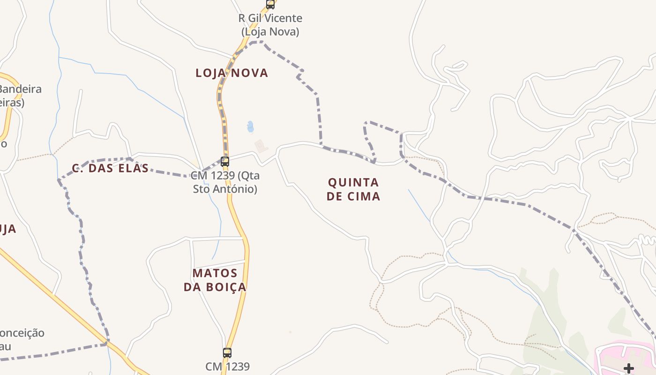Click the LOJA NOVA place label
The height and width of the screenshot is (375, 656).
pos(232,73)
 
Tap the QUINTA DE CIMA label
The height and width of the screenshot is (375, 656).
pos(353,189)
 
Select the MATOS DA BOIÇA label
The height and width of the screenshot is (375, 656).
pos(215,280)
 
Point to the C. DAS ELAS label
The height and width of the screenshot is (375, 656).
pos(111,168)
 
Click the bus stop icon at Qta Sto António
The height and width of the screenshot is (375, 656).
pos(225,162)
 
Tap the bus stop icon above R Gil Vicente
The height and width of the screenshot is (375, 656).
pos(270,4)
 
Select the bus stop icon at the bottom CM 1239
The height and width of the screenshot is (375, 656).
pos(227,352)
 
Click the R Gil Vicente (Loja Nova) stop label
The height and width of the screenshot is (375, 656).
pos(270,25)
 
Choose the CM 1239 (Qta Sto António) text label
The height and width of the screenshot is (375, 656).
pos(225,182)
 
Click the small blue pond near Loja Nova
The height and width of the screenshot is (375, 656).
pos(250,127)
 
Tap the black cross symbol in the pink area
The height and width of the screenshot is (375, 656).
pos(629,368)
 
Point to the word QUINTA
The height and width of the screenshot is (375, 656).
pos(353,182)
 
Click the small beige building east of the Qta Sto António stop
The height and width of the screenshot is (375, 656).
pos(261,146)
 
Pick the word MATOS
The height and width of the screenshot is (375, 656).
pos(215,273)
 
